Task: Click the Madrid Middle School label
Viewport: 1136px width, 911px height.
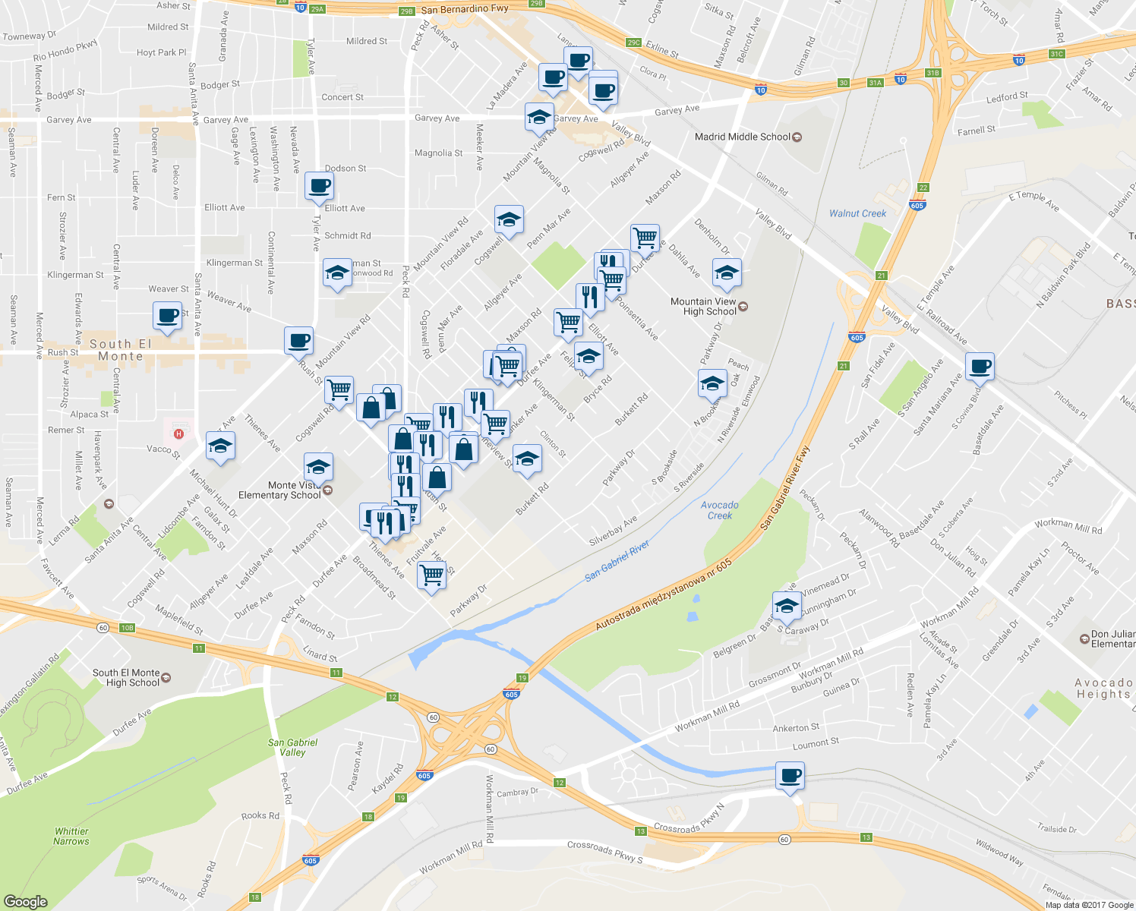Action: pos(743,137)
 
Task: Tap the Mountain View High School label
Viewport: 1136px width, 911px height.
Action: pos(703,306)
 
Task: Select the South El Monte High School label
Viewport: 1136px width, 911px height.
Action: pos(126,677)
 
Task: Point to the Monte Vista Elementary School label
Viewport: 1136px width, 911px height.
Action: pos(279,490)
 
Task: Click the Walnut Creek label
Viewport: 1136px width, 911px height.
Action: pos(857,213)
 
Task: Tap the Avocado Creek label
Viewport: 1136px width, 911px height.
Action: pos(719,510)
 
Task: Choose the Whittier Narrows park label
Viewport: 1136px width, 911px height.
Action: pos(71,836)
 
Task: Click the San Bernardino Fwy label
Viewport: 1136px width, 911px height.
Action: pos(465,10)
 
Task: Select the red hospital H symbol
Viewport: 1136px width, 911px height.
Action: pos(178,433)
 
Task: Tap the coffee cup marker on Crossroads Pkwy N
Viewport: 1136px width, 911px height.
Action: pos(790,776)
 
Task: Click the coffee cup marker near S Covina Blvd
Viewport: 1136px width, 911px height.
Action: pos(980,366)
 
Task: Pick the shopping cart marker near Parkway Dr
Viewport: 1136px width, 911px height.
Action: pos(431,575)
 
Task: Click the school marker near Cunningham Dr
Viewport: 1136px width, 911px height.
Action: pos(787,605)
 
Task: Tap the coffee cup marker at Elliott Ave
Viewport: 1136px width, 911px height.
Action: pos(319,185)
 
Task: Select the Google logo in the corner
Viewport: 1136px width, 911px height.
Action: pos(26,901)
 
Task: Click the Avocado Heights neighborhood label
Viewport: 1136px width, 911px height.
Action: pos(1103,688)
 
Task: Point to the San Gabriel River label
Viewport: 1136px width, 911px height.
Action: pos(617,561)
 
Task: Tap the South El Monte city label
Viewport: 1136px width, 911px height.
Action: pos(121,350)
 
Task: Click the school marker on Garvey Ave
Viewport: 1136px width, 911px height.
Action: pos(539,117)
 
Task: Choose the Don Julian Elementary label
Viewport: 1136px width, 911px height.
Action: pos(1112,638)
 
